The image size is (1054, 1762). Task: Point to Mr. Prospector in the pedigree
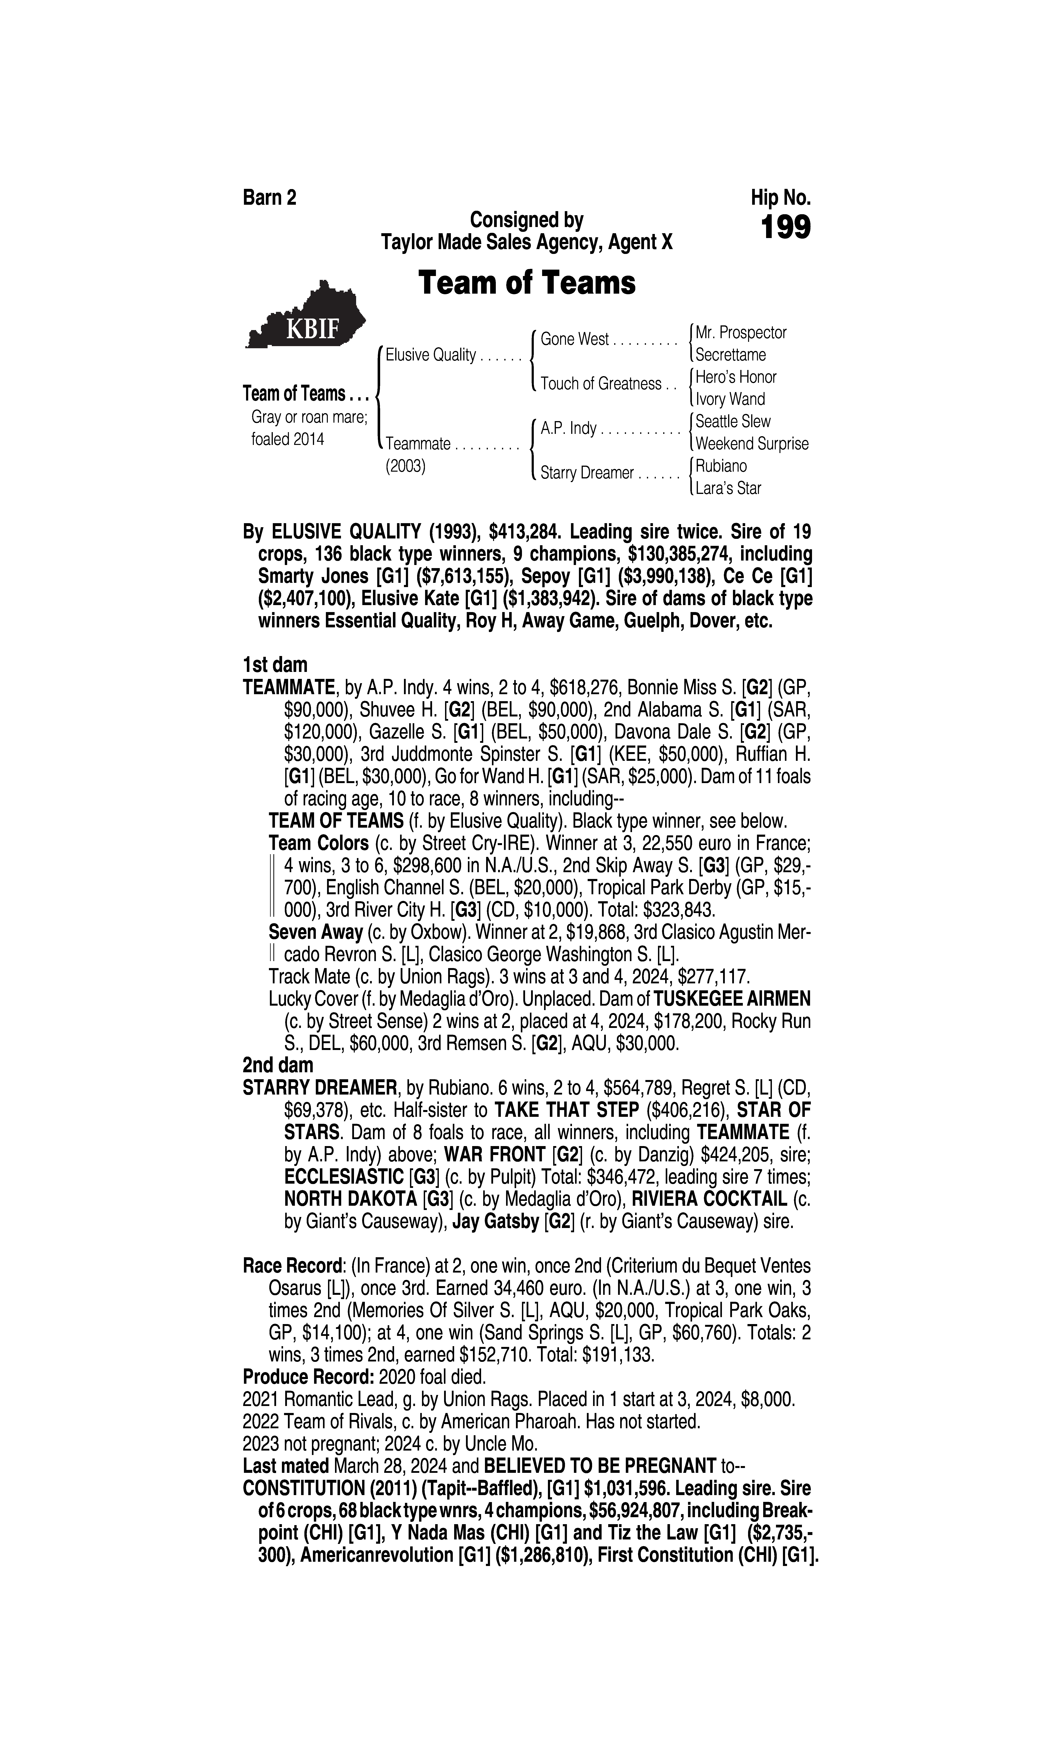(741, 332)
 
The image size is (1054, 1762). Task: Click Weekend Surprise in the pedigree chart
(751, 444)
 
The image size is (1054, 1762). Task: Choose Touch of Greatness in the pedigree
(600, 384)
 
